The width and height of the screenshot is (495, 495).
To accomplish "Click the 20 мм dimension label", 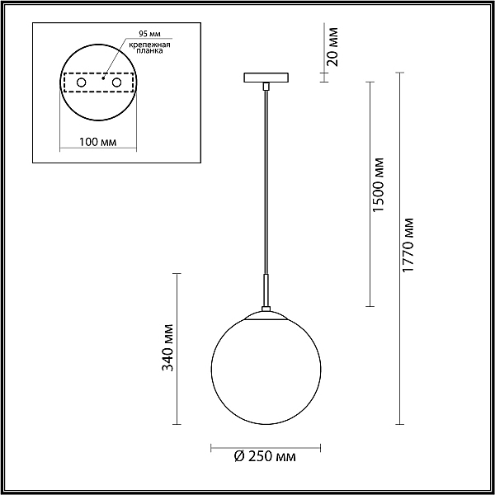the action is coord(332,47).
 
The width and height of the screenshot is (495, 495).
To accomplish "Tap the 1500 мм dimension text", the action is coord(378,185).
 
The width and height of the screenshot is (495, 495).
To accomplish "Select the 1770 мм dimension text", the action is coord(408,245).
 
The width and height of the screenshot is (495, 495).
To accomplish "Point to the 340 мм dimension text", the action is coord(167,347).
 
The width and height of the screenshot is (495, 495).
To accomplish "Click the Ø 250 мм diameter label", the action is coord(265,456).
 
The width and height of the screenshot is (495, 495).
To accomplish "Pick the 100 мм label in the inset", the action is coord(97,142).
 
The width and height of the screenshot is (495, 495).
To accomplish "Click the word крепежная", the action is coord(150,45).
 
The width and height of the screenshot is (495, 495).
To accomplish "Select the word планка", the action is coord(150,51).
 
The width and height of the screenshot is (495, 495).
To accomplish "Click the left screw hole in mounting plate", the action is coord(82,82).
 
